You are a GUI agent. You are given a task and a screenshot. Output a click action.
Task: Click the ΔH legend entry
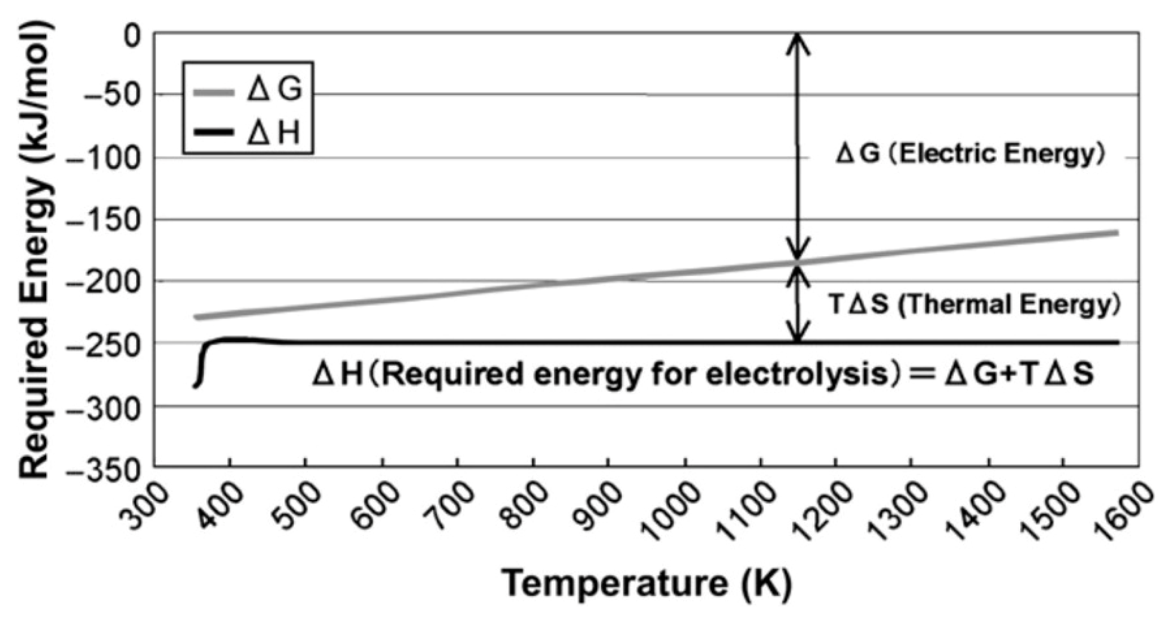pos(248,132)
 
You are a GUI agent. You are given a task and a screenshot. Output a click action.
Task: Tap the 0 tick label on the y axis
pos(132,36)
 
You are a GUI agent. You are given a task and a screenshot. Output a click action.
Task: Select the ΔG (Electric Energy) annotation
pos(970,154)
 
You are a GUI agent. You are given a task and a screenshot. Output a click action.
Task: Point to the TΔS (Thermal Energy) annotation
pos(974,304)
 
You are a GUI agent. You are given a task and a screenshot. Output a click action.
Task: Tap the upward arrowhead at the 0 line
pos(797,41)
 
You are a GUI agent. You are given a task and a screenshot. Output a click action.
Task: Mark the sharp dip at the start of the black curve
pos(197,384)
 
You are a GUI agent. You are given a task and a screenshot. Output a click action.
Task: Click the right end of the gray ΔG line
pos(1117,233)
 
